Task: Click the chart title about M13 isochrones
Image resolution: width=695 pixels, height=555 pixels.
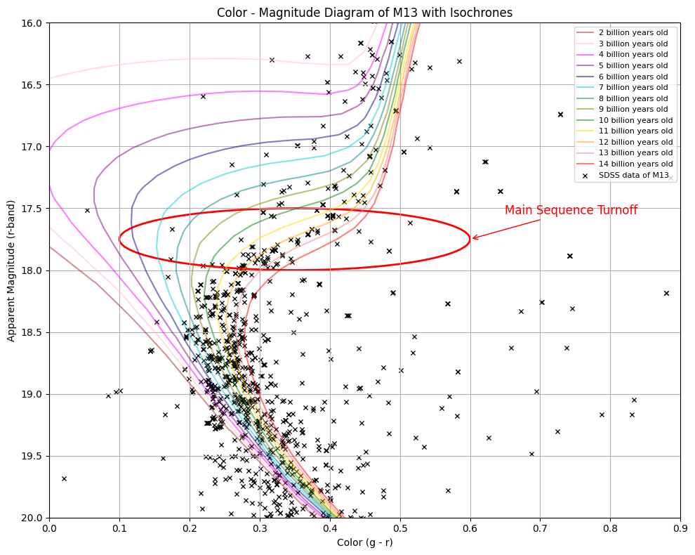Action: pyautogui.click(x=364, y=13)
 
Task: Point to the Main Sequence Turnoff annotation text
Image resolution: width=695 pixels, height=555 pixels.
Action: pyautogui.click(x=571, y=210)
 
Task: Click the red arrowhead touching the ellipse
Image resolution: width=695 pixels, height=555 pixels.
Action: pyautogui.click(x=474, y=238)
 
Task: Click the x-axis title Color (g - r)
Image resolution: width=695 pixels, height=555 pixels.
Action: pyautogui.click(x=364, y=542)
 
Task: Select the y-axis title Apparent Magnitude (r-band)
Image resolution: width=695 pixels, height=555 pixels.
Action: pyautogui.click(x=11, y=270)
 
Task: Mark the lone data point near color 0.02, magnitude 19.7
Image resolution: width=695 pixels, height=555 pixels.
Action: pyautogui.click(x=64, y=478)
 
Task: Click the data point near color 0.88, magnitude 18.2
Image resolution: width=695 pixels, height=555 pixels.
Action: pyautogui.click(x=666, y=293)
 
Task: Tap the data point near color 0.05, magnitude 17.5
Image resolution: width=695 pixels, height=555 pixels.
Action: pyautogui.click(x=87, y=210)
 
